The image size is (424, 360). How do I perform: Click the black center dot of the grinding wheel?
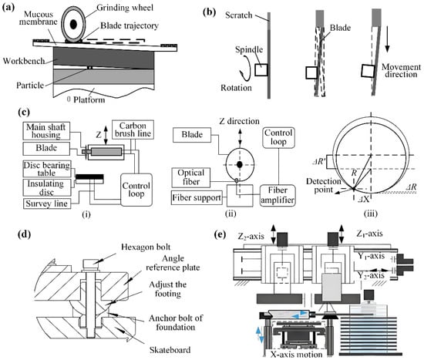pyautogui.click(x=73, y=25)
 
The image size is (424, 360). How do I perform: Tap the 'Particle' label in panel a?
pyautogui.click(x=30, y=86)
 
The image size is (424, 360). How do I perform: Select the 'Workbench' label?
pyautogui.click(x=24, y=61)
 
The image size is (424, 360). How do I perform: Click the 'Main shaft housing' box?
pyautogui.click(x=46, y=131)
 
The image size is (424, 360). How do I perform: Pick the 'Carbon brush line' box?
pyautogui.click(x=133, y=130)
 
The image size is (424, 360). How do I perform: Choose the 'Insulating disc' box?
pyautogui.click(x=47, y=187)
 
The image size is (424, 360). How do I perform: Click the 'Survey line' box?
pyautogui.click(x=47, y=204)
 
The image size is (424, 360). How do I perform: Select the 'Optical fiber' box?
pyautogui.click(x=191, y=177)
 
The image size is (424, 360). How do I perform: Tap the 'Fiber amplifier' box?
pyautogui.click(x=278, y=196)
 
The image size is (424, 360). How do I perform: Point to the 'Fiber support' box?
pyautogui.click(x=197, y=197)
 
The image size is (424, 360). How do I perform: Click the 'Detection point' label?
pyautogui.click(x=324, y=185)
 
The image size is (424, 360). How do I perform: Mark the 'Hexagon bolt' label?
pyautogui.click(x=146, y=247)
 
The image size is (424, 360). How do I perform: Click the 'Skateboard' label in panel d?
pyautogui.click(x=170, y=350)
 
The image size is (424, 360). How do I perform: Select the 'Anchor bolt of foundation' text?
pyautogui.click(x=176, y=322)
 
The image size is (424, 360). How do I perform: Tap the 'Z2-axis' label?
pyautogui.click(x=251, y=237)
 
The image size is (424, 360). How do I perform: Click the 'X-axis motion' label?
pyautogui.click(x=296, y=354)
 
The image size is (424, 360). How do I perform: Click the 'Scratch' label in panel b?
pyautogui.click(x=239, y=15)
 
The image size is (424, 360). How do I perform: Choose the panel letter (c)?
pyautogui.click(x=24, y=112)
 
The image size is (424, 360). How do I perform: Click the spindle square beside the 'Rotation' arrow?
pyautogui.click(x=261, y=70)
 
